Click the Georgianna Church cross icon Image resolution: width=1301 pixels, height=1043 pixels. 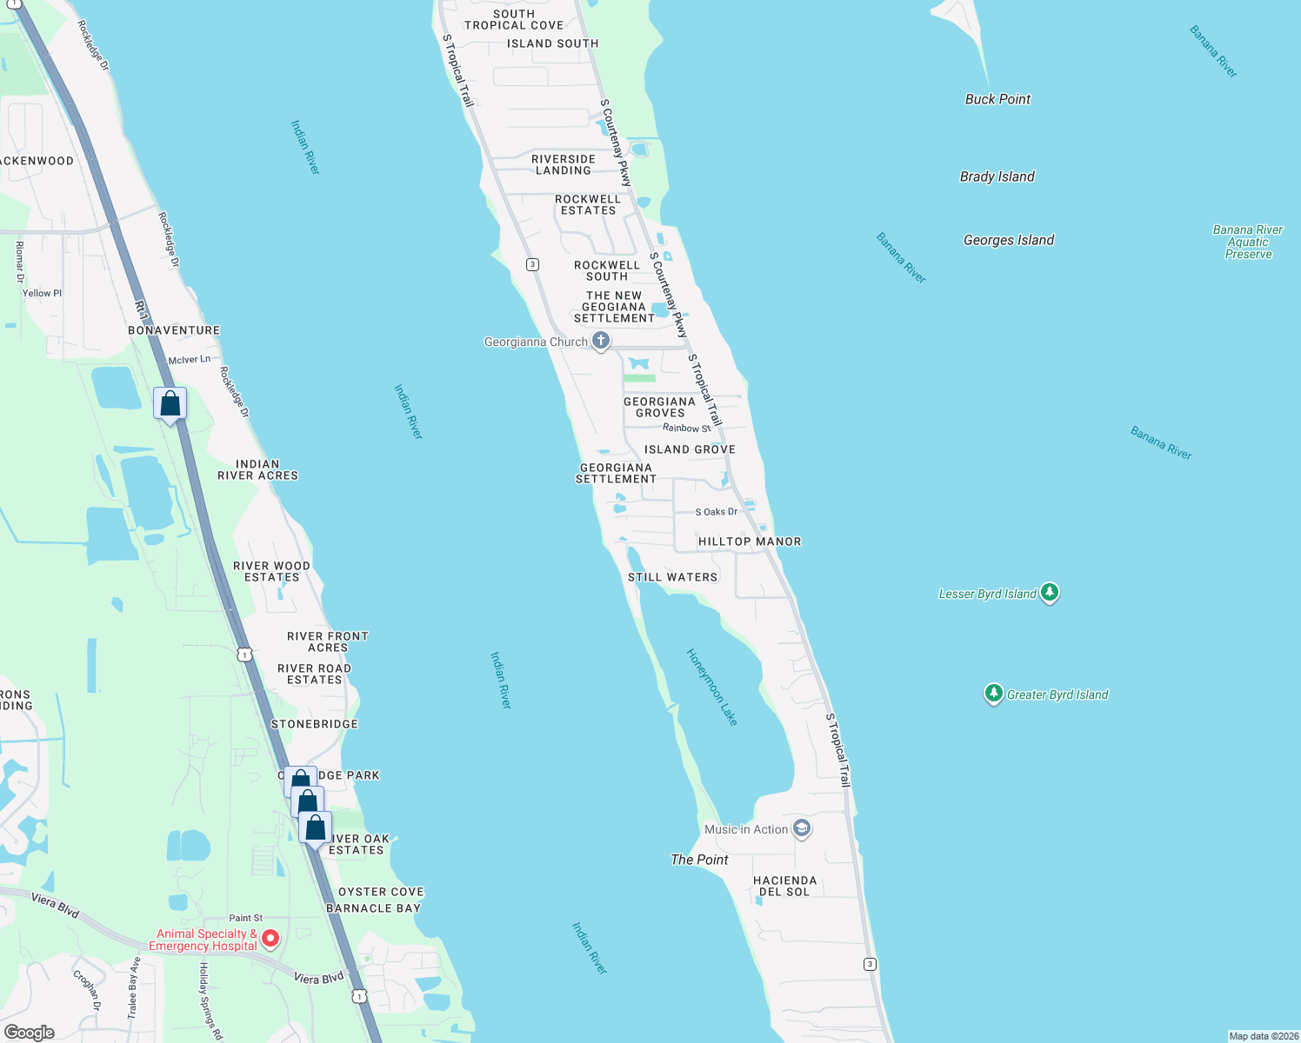(x=601, y=341)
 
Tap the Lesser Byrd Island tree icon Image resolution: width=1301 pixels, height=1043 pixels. (x=1050, y=593)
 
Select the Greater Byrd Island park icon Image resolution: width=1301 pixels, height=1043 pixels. (x=994, y=693)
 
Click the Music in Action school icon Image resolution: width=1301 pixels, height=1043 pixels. (x=802, y=828)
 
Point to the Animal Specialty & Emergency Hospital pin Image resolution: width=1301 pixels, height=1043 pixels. (x=270, y=939)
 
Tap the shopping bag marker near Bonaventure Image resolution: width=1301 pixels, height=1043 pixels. (x=170, y=404)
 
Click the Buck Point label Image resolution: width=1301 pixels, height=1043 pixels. (x=997, y=99)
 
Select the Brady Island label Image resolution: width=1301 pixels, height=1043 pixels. (x=997, y=176)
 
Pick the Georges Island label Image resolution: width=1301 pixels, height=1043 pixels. (x=1009, y=240)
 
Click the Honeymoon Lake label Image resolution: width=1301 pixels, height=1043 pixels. (x=712, y=687)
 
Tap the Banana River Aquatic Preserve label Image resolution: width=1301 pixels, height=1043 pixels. (x=1248, y=242)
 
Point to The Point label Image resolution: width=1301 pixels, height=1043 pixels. (x=699, y=860)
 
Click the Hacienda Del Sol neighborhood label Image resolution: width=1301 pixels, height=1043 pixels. (x=784, y=886)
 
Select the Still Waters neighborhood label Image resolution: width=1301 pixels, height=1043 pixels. (x=673, y=577)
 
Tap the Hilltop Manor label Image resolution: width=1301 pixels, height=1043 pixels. (x=750, y=541)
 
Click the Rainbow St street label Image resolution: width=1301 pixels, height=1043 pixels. (x=686, y=428)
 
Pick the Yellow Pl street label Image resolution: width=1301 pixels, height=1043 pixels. (x=42, y=293)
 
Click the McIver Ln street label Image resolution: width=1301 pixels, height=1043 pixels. (x=190, y=359)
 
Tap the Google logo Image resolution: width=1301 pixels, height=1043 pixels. (x=30, y=1033)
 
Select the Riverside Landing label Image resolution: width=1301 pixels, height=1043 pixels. (x=564, y=164)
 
